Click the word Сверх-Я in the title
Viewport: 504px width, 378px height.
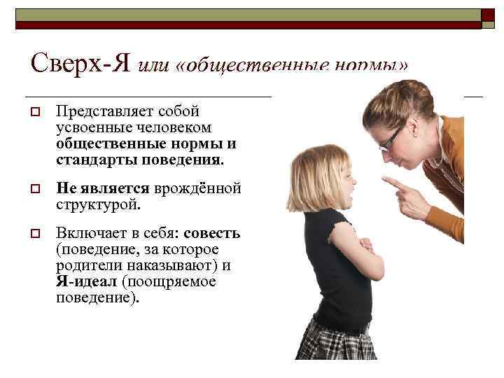point(80,64)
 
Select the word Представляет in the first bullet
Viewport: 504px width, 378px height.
point(97,112)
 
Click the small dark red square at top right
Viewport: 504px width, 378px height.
point(487,15)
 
